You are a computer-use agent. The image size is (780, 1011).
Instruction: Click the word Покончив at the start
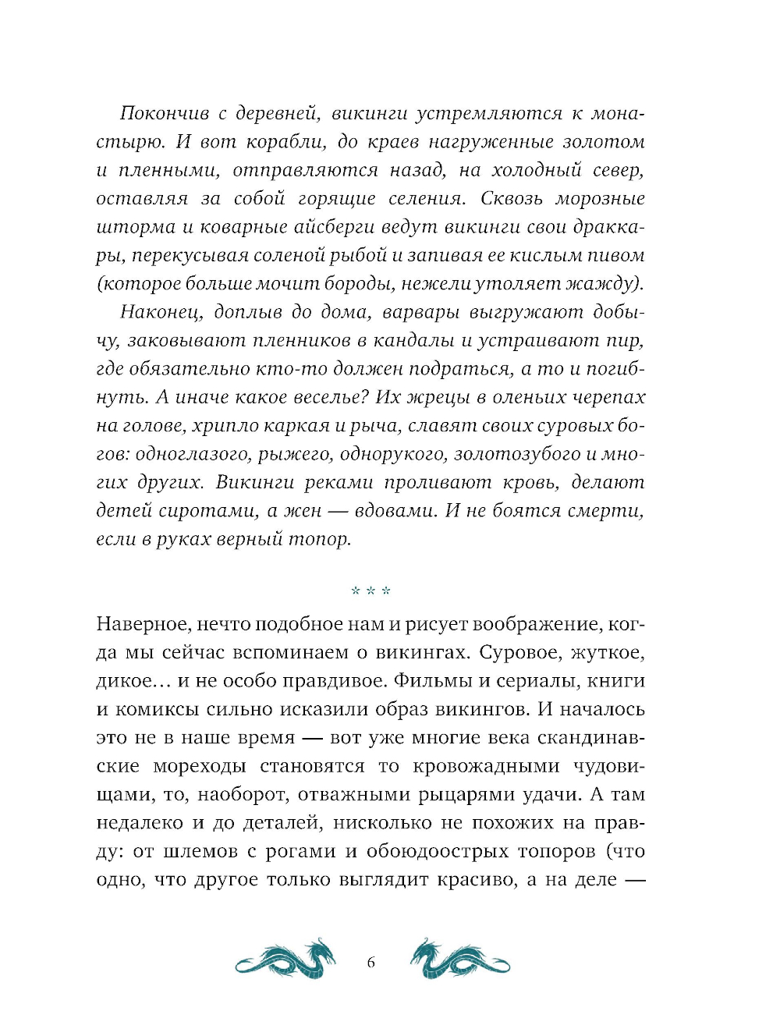(x=165, y=114)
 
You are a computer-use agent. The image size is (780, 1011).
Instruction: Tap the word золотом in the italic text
(x=606, y=142)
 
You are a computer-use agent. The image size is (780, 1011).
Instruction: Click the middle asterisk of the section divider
(x=370, y=591)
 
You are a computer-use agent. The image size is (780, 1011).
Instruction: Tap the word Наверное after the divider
(x=142, y=624)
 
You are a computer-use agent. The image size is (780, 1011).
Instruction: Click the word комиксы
(x=154, y=710)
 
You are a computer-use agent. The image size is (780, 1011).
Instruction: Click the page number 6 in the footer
(x=370, y=963)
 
